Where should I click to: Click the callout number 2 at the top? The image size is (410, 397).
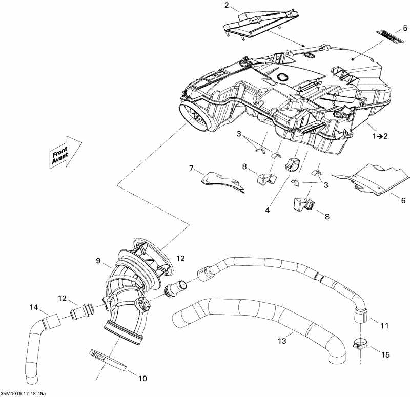227,6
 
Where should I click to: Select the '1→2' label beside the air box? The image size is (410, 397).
380,136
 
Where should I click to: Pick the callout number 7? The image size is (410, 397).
191,168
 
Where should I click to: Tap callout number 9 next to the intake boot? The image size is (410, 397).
97,260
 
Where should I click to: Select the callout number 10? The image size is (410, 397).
142,379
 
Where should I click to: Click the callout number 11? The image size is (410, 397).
385,326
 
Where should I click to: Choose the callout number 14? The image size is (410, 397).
34,307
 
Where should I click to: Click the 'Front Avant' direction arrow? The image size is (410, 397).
66,152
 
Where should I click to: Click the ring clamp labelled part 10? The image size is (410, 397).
109,360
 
